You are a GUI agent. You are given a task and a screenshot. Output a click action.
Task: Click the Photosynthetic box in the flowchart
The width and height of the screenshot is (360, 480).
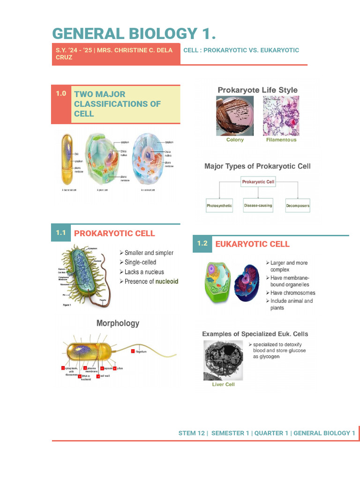click(x=219, y=206)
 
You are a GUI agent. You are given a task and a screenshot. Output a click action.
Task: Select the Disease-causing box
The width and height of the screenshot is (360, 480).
click(x=258, y=205)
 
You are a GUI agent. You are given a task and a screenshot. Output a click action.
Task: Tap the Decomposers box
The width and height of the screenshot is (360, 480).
click(x=298, y=206)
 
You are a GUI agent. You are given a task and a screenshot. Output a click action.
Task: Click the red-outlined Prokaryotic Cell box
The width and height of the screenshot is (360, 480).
click(x=258, y=181)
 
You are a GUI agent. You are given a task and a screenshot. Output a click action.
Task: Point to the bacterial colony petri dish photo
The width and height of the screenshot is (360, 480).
click(x=235, y=116)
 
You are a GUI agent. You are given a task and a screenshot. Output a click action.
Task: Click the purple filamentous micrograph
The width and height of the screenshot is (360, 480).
click(x=281, y=116)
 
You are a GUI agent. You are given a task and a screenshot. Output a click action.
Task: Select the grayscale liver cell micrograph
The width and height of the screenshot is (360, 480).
click(x=223, y=360)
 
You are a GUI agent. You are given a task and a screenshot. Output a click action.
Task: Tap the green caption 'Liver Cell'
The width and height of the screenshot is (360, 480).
click(x=223, y=384)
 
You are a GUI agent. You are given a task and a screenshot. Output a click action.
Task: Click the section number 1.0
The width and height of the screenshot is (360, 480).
click(x=61, y=93)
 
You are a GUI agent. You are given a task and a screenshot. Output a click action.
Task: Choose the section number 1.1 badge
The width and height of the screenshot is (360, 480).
click(x=61, y=232)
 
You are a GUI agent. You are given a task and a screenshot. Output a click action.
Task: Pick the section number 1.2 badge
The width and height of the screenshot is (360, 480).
click(x=202, y=243)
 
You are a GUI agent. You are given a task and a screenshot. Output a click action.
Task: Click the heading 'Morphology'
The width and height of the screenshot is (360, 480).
click(x=118, y=323)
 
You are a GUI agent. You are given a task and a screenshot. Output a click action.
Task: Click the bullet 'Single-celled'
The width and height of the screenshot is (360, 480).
click(x=140, y=262)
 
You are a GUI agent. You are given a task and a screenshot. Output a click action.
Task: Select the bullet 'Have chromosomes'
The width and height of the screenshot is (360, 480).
click(x=292, y=293)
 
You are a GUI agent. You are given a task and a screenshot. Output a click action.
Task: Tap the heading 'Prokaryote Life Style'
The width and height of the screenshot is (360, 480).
click(x=257, y=90)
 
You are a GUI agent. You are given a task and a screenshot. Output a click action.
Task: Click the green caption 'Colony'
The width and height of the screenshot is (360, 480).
click(x=235, y=140)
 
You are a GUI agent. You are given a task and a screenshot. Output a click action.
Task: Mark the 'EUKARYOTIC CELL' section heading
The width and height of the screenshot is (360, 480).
click(x=252, y=244)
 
